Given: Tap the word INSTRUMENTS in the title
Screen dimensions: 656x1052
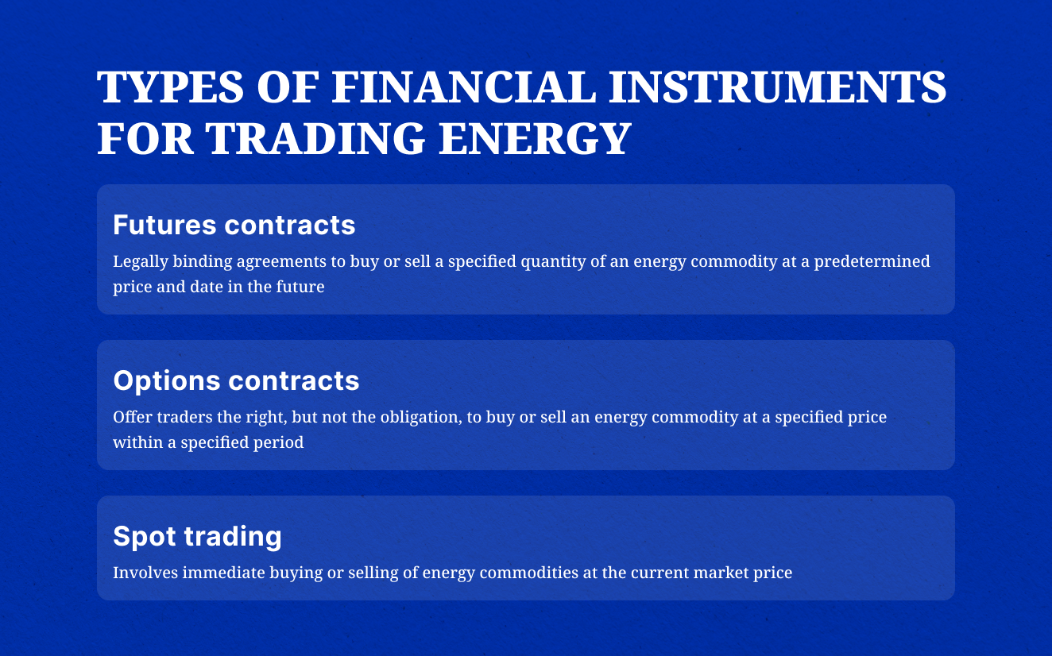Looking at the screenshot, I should (x=777, y=88).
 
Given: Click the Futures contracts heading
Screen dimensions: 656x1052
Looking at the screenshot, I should (x=234, y=225).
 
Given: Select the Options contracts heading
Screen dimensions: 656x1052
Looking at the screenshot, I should (x=236, y=380).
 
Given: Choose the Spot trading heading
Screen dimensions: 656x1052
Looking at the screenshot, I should (x=197, y=536).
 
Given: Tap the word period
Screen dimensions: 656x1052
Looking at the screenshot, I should (x=280, y=442).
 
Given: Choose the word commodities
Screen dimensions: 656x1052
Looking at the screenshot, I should (x=505, y=573).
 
